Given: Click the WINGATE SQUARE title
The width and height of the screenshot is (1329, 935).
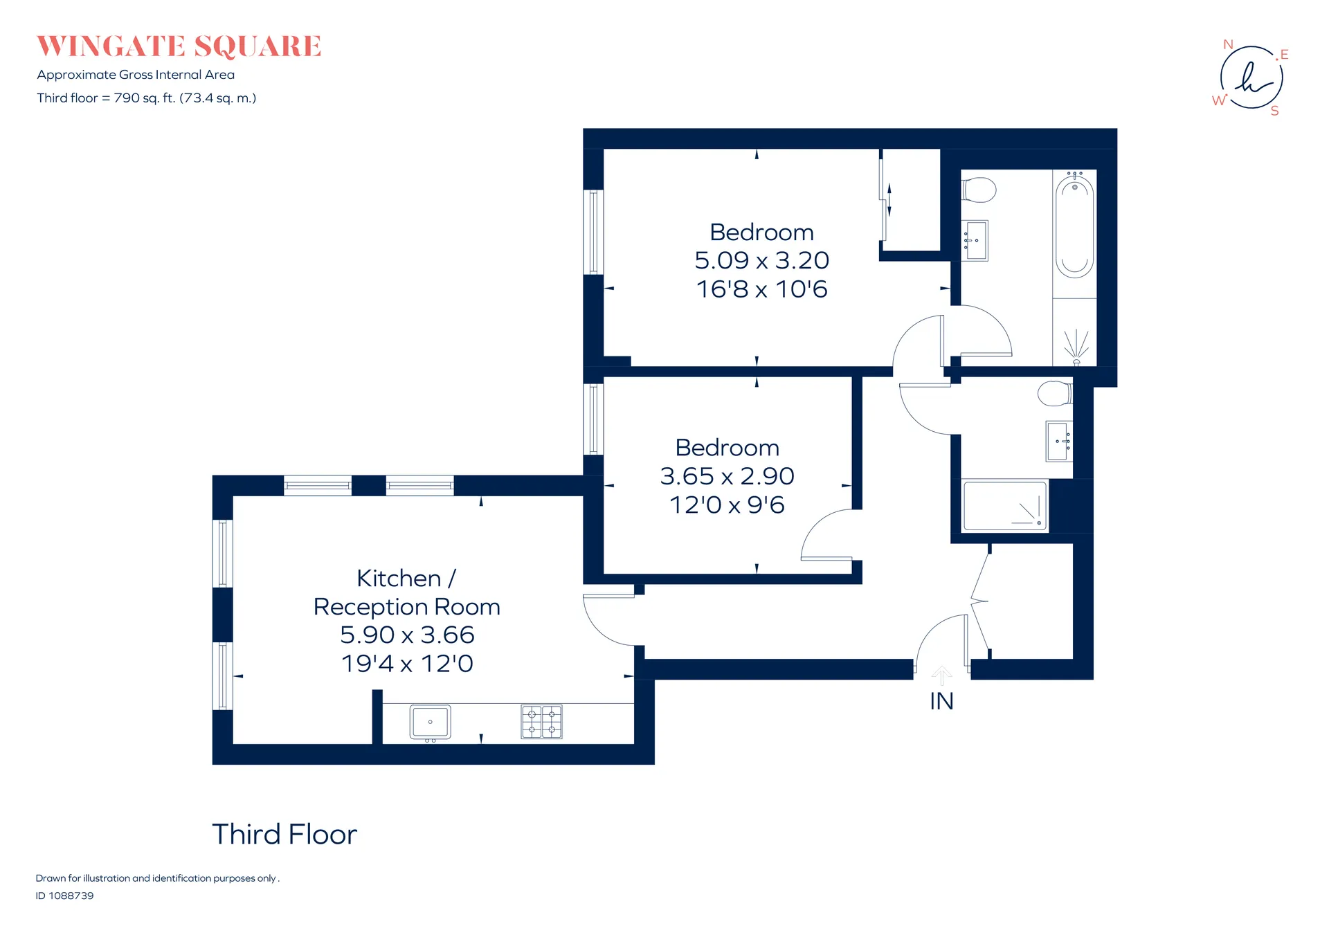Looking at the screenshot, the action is pos(179,46).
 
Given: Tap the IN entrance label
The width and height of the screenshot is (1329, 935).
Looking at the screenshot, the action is pos(941,701).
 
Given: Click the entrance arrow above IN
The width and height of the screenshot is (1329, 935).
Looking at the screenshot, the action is pos(941,675).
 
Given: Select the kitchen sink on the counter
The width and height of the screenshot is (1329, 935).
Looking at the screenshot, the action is pos(430,723).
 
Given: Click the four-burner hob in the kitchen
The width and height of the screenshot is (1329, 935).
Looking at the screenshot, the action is pos(541,722).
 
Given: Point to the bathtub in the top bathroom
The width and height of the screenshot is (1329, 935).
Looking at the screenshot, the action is pos(1074,226).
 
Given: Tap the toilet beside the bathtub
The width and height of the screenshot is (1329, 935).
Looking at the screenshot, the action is pos(979,190).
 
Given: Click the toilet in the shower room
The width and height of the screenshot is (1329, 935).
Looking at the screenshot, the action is pos(1055,394).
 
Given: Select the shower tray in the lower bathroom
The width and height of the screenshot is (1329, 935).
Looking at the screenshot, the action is pos(1005,506).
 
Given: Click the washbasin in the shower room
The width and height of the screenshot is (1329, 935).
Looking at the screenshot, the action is pos(1059,442).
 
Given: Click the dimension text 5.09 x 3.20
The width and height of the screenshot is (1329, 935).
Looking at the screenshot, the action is pos(761,260).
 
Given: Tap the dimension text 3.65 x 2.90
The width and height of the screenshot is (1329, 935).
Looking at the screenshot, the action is pos(727,476).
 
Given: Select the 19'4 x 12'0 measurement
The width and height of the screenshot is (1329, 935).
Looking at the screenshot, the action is pos(407,664).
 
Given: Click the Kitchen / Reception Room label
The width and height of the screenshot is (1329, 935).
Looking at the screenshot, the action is pos(406,592).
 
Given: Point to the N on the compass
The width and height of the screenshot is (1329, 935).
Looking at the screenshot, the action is pos(1228,44).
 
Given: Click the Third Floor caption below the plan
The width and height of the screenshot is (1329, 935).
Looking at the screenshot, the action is pos(284,835).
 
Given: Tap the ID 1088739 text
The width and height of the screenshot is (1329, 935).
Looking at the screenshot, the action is pos(64,896).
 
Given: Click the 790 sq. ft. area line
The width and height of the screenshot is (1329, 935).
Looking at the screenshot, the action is pos(147,98).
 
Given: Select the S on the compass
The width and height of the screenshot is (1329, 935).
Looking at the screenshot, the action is pos(1274,111).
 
